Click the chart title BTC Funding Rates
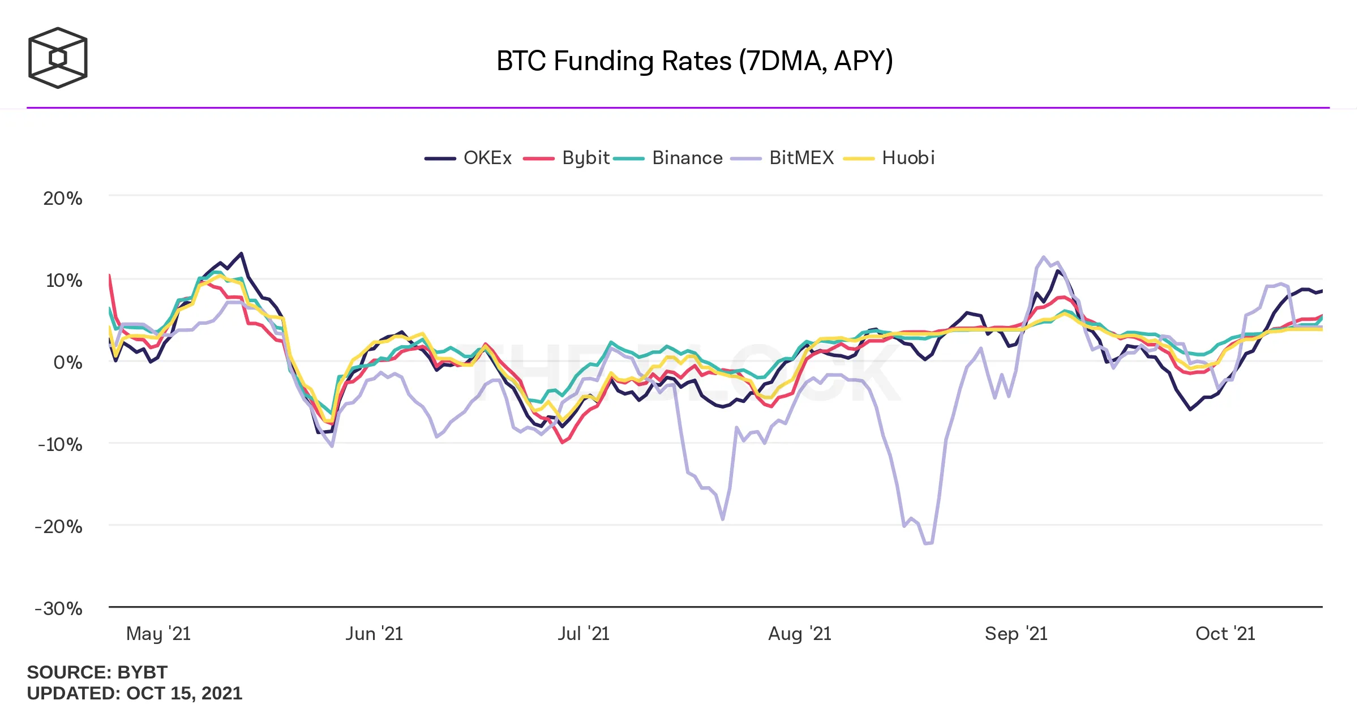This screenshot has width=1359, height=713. point(694,61)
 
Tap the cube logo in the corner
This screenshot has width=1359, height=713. point(58,58)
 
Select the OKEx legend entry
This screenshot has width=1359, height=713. point(469,158)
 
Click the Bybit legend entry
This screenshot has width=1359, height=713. point(567,158)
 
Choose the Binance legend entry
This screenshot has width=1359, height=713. point(668,158)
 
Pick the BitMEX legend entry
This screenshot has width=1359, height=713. point(783,158)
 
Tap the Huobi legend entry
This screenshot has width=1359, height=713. point(889,158)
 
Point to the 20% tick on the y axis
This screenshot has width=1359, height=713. point(63,199)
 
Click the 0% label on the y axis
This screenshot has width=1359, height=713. point(68,362)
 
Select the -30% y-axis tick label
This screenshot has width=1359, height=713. point(59,609)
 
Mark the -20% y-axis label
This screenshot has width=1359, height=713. point(59,527)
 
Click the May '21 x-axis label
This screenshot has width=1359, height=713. point(158,634)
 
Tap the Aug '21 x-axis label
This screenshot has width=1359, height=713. point(800,634)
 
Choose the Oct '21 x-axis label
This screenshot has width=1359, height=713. point(1225,634)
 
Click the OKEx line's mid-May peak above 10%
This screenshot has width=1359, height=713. point(242,254)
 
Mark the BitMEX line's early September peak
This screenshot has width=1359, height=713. point(1044,257)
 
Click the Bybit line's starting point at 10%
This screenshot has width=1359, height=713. point(109,276)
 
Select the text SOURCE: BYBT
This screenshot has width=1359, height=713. point(97,672)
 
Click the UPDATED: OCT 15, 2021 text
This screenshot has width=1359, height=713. point(135,693)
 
